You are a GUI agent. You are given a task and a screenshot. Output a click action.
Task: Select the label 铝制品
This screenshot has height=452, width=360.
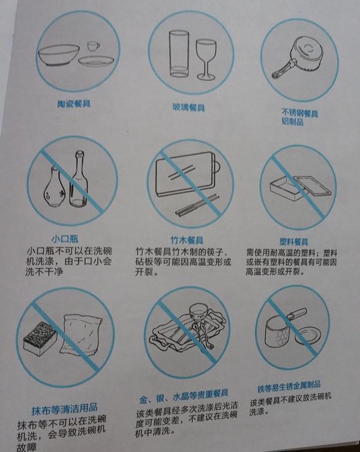click(x=292, y=122)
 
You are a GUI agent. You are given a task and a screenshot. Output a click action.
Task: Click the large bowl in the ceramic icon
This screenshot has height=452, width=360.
click(x=59, y=55)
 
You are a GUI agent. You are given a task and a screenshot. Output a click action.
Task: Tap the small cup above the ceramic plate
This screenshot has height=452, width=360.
click(x=92, y=46)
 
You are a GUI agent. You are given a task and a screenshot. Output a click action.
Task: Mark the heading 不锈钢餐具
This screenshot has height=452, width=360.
click(x=299, y=112)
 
